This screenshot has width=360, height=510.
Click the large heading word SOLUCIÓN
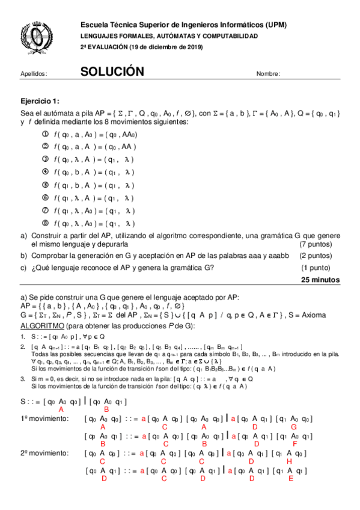[112, 72]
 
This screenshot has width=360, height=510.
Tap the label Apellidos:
[34, 74]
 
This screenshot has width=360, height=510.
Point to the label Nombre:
[268, 74]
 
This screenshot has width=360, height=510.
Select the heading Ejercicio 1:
[40, 101]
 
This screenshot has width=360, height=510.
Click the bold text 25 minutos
[320, 280]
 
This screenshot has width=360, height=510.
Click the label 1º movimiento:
[44, 418]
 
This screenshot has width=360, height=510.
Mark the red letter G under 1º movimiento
[292, 426]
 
